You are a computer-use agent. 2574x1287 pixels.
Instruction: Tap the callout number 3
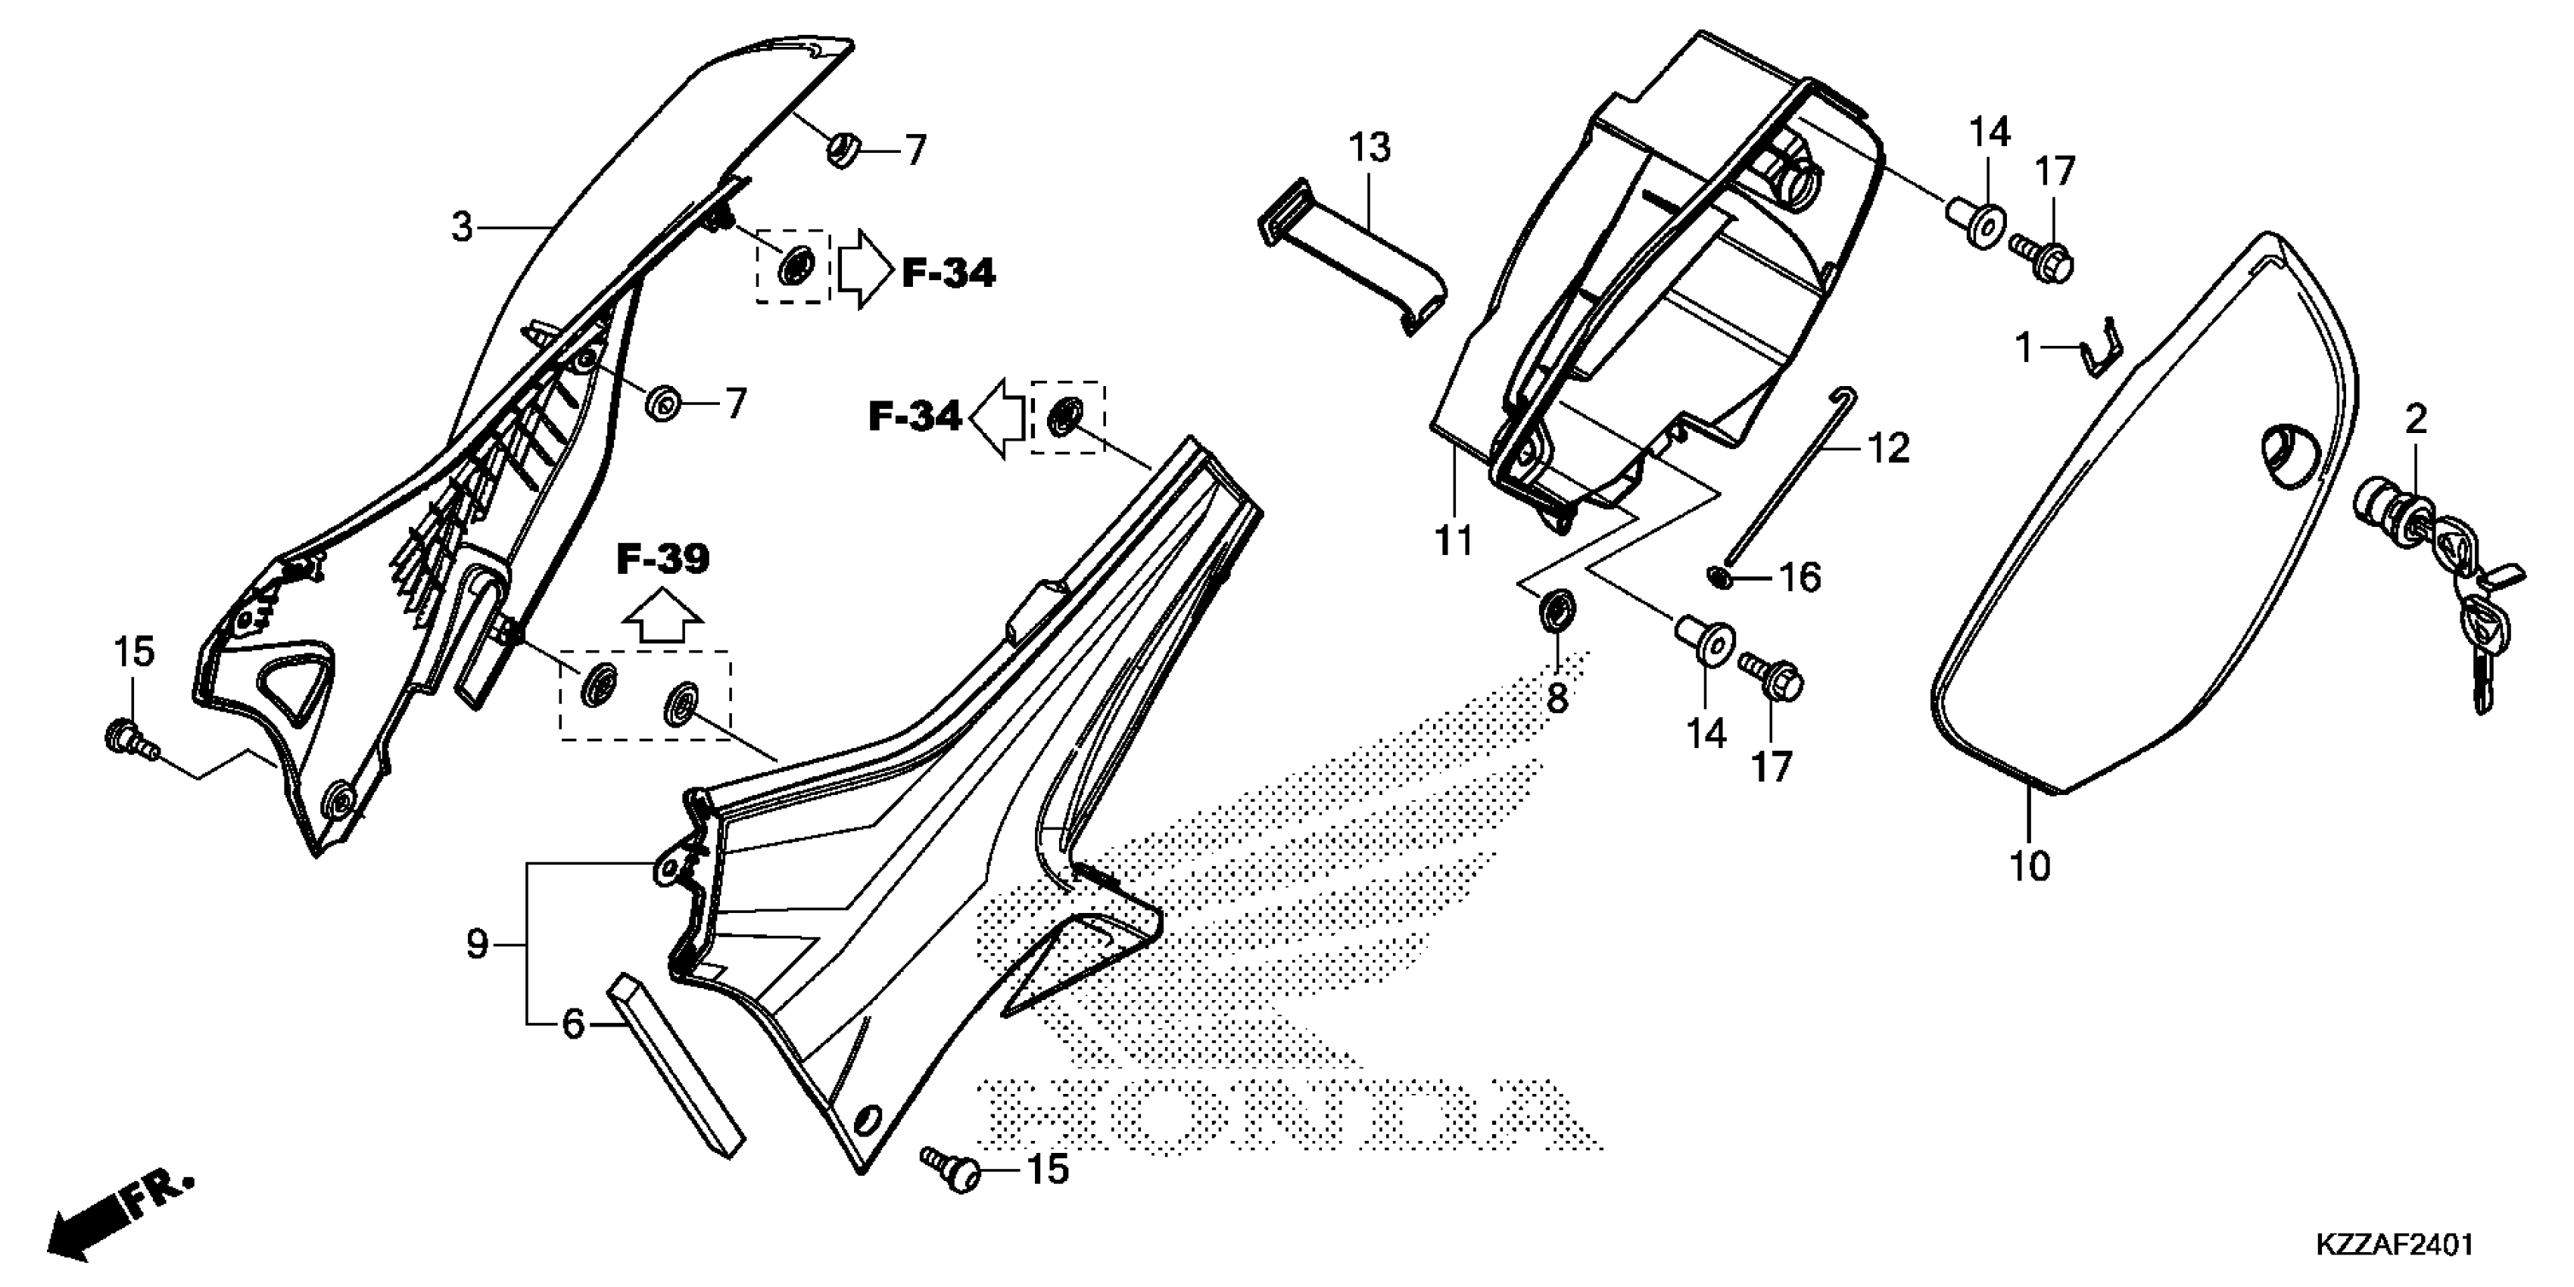coord(462,228)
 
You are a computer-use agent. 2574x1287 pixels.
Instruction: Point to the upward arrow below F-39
coord(662,619)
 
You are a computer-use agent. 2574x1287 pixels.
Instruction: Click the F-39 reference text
coord(662,560)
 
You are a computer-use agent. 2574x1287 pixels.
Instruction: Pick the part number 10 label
coord(2030,865)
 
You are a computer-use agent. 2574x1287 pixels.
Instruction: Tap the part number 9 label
coord(477,943)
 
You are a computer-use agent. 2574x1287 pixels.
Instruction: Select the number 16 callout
coord(1800,577)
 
